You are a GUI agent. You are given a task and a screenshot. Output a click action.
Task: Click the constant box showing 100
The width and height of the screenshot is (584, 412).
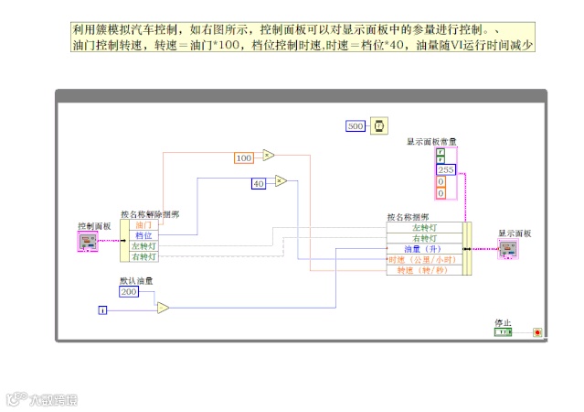click(243, 158)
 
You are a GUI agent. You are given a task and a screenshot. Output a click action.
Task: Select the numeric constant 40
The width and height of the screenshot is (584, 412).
click(259, 184)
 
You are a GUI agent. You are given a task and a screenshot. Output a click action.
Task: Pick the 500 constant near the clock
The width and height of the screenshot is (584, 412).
click(356, 126)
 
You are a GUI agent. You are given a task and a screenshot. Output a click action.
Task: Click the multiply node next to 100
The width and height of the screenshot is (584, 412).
click(269, 156)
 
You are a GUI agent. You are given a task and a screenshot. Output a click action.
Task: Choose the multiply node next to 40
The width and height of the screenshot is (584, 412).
click(281, 181)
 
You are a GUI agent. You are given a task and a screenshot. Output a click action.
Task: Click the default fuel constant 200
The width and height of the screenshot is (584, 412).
click(129, 291)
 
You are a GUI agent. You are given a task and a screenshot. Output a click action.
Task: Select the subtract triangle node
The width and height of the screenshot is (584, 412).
click(163, 308)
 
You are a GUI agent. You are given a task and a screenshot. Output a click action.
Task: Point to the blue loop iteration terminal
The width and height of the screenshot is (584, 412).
click(102, 311)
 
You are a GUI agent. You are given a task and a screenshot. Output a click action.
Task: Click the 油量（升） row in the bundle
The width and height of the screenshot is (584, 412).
click(424, 248)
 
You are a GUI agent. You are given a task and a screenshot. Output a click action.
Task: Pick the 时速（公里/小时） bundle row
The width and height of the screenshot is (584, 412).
click(424, 259)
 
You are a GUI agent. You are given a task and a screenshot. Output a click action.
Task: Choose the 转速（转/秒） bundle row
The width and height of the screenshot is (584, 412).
click(424, 270)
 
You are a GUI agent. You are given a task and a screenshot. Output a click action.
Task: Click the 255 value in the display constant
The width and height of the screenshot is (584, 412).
click(445, 170)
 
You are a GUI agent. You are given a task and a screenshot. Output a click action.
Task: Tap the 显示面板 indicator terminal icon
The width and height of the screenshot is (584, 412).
click(508, 247)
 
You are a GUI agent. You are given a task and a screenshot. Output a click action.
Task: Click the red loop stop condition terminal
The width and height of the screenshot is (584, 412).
click(537, 331)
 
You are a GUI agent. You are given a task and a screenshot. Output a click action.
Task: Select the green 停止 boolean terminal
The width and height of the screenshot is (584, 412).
click(503, 331)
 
